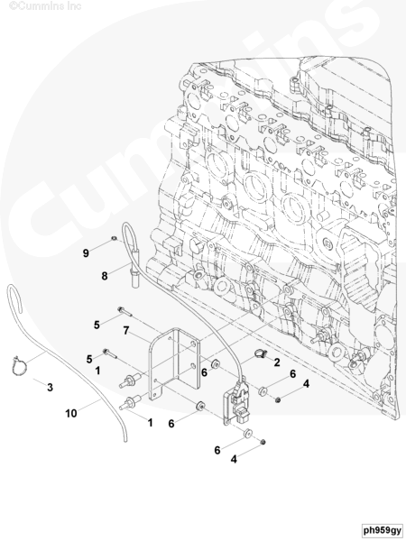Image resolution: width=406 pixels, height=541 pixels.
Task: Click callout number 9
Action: (x=86, y=253)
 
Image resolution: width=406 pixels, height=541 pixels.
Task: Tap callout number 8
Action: (x=105, y=276)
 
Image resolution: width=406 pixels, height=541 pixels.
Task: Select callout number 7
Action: (x=126, y=331)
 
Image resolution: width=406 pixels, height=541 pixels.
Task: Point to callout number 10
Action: (x=71, y=413)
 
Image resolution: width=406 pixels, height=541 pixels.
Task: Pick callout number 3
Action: (x=50, y=388)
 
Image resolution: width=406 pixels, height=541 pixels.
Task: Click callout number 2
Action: (x=277, y=362)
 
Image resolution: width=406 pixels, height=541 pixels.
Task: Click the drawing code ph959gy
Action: (x=383, y=530)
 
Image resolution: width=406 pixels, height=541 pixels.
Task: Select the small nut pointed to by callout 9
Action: (x=114, y=238)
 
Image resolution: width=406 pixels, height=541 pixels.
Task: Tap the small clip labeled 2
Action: (x=261, y=353)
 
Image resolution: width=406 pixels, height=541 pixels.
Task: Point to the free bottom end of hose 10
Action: (x=125, y=440)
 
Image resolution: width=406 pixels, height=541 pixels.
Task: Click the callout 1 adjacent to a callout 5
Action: (x=97, y=371)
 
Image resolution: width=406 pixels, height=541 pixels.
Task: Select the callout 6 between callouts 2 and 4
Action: (x=292, y=373)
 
